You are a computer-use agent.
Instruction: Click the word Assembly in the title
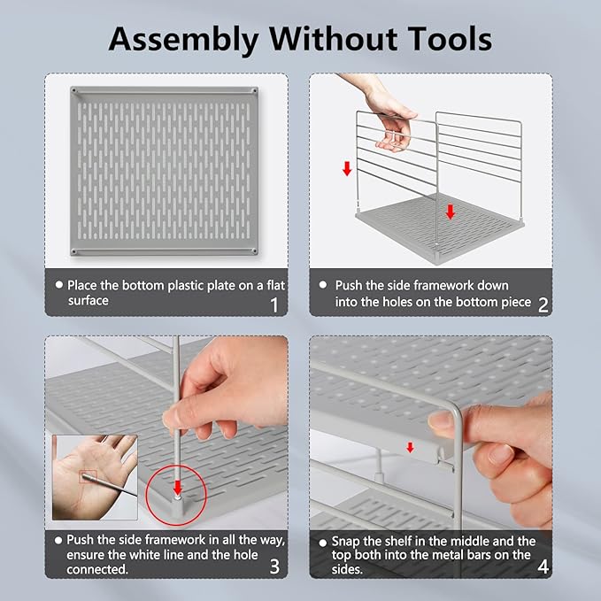click(x=184, y=40)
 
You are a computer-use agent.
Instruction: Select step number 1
click(x=274, y=305)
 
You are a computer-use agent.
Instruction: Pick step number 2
click(x=543, y=305)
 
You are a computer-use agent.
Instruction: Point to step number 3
click(x=274, y=566)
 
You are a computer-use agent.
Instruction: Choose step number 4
click(x=543, y=566)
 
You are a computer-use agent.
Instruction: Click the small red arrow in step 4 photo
click(x=410, y=447)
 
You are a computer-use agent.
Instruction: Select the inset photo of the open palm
click(x=95, y=477)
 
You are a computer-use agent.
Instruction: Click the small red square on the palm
click(x=89, y=477)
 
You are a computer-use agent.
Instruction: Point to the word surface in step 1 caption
click(x=89, y=301)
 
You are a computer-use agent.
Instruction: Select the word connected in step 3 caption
click(x=97, y=569)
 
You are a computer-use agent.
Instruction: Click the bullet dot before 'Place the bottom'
click(x=59, y=285)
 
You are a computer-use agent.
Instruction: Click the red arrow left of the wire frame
click(x=347, y=169)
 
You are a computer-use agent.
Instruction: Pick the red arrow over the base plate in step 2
click(x=451, y=212)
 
